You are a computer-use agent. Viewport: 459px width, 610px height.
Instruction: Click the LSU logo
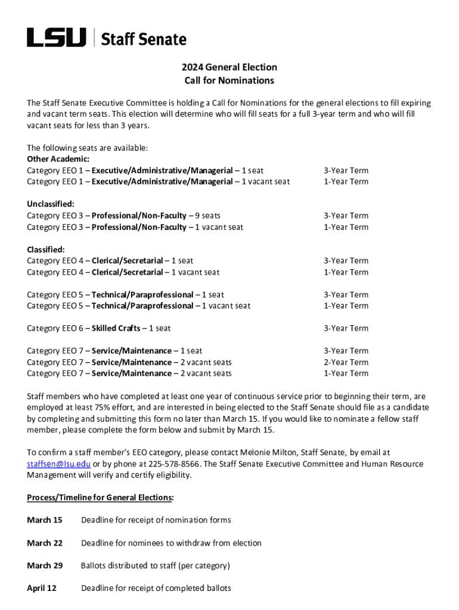click(x=56, y=38)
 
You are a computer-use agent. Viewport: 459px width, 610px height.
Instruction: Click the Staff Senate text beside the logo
click(x=143, y=39)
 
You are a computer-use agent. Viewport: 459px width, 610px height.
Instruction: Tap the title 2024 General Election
click(x=229, y=67)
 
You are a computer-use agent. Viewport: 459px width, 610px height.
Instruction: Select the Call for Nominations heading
click(x=229, y=80)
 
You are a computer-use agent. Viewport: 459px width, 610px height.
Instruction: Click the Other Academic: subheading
click(x=50, y=159)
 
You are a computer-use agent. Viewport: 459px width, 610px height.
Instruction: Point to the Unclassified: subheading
click(x=51, y=204)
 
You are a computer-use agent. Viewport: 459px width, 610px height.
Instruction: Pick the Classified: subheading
click(x=46, y=249)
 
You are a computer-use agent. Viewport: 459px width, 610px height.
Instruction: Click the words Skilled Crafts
click(x=116, y=328)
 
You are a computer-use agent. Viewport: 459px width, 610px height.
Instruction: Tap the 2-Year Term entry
click(x=346, y=362)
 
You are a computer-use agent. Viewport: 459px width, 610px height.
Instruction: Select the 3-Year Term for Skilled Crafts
click(x=346, y=328)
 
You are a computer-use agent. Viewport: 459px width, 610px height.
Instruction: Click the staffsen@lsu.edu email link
click(x=58, y=464)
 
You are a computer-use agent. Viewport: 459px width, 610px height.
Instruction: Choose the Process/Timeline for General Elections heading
click(x=100, y=497)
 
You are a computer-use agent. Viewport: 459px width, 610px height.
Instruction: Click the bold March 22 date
click(x=45, y=543)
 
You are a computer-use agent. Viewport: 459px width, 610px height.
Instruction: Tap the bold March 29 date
click(x=45, y=565)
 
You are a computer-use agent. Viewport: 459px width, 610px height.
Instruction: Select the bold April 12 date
click(x=42, y=588)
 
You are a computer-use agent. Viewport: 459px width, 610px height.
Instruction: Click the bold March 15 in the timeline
click(x=45, y=520)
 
